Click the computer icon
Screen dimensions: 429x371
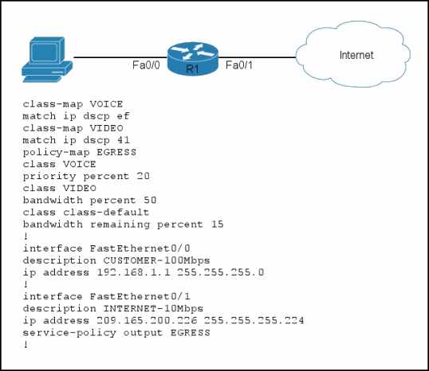coord(47,60)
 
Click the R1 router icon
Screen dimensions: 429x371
coord(193,58)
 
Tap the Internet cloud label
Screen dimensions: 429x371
coord(356,55)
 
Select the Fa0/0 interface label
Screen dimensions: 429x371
coord(146,65)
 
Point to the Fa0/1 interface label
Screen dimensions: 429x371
coord(239,65)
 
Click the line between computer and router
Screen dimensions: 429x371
coord(120,57)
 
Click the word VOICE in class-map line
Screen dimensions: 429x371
coord(106,104)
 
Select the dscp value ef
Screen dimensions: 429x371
coord(123,116)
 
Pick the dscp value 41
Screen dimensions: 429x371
coord(123,140)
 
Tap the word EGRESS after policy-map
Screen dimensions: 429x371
coord(116,152)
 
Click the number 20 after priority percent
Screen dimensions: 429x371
coord(143,176)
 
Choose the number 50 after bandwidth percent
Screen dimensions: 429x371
coord(150,201)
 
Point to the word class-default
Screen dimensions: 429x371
coord(106,213)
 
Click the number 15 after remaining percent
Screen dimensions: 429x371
coord(217,225)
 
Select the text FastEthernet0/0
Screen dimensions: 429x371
coord(140,248)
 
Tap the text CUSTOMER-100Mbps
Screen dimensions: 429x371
coord(156,260)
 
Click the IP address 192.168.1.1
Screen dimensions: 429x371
coord(133,272)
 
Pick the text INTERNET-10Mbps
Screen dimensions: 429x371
coord(153,308)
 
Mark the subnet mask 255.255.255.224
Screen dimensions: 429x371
coord(254,321)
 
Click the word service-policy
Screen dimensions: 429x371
coord(69,333)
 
